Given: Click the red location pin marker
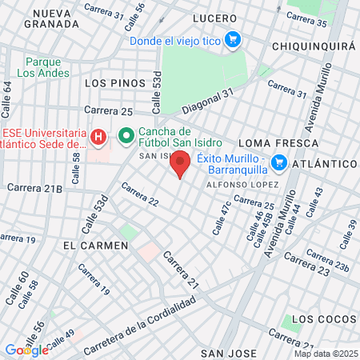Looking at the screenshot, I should tap(181, 162).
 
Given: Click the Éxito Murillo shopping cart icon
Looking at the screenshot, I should tap(279, 163).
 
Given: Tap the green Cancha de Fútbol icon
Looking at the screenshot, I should tap(126, 138).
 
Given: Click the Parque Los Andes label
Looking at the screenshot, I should tap(43, 67).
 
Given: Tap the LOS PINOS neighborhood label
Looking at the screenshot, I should tap(115, 82).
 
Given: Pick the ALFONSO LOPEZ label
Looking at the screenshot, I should tap(241, 185).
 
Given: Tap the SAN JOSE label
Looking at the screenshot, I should tap(229, 353).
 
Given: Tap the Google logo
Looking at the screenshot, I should tap(26, 350).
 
